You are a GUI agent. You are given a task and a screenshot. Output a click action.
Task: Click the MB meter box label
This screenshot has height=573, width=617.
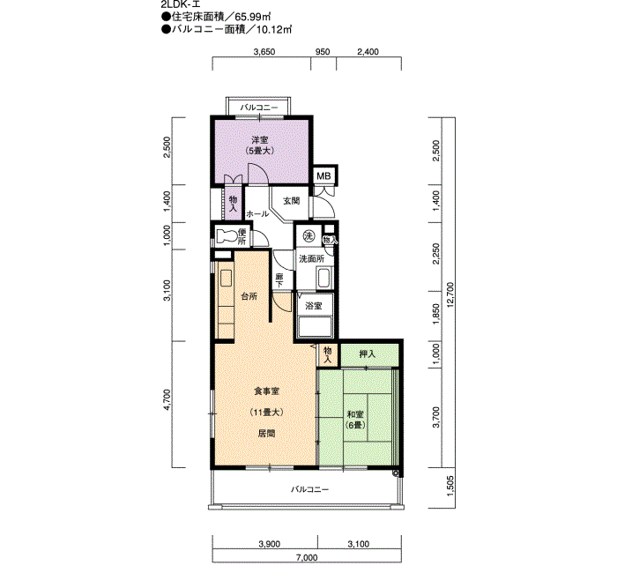[x=323, y=176]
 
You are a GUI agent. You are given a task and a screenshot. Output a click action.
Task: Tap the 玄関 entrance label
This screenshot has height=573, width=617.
[x=292, y=201]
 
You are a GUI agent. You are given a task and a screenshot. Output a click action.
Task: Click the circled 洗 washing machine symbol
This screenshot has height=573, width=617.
[x=308, y=235]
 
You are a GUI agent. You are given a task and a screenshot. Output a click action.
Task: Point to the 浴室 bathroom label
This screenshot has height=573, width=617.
[x=314, y=306]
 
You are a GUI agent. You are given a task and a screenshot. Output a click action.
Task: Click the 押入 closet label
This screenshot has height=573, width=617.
[x=368, y=354]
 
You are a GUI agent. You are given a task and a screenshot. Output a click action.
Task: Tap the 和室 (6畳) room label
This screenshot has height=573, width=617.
[x=355, y=420]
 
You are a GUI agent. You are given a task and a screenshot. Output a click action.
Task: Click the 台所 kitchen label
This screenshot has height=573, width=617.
[x=249, y=296]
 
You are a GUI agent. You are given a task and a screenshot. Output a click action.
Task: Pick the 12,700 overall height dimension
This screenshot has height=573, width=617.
[x=450, y=294]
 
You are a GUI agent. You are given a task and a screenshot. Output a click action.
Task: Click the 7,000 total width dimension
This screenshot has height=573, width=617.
[x=307, y=557]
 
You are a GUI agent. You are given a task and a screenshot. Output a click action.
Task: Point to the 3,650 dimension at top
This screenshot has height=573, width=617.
[x=264, y=51]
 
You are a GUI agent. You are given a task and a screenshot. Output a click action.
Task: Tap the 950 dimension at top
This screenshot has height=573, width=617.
[x=323, y=51]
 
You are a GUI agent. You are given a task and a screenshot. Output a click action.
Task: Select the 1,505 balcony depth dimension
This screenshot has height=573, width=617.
[x=450, y=486]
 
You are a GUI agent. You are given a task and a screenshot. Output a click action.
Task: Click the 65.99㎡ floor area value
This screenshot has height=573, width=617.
[x=253, y=17]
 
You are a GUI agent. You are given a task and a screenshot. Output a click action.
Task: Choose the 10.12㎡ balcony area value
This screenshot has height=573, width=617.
[x=274, y=29]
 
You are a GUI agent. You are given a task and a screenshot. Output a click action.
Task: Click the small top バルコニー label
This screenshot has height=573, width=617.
[x=259, y=108]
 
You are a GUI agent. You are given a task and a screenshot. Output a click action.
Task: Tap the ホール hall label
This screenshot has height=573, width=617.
[x=257, y=213]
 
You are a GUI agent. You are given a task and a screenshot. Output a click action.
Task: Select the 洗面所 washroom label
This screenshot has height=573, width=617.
[x=312, y=259]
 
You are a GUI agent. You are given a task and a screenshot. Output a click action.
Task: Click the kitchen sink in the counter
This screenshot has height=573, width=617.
[x=226, y=278]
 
